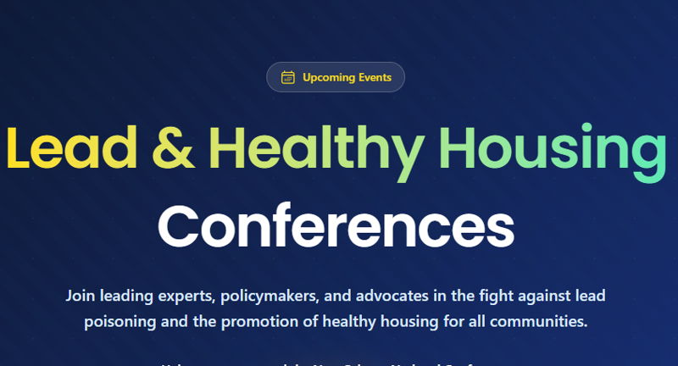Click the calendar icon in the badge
pos(288,78)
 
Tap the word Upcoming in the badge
pos(327,78)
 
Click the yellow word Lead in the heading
pos(71,148)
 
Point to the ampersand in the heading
pos(175,148)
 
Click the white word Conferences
pos(336,225)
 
